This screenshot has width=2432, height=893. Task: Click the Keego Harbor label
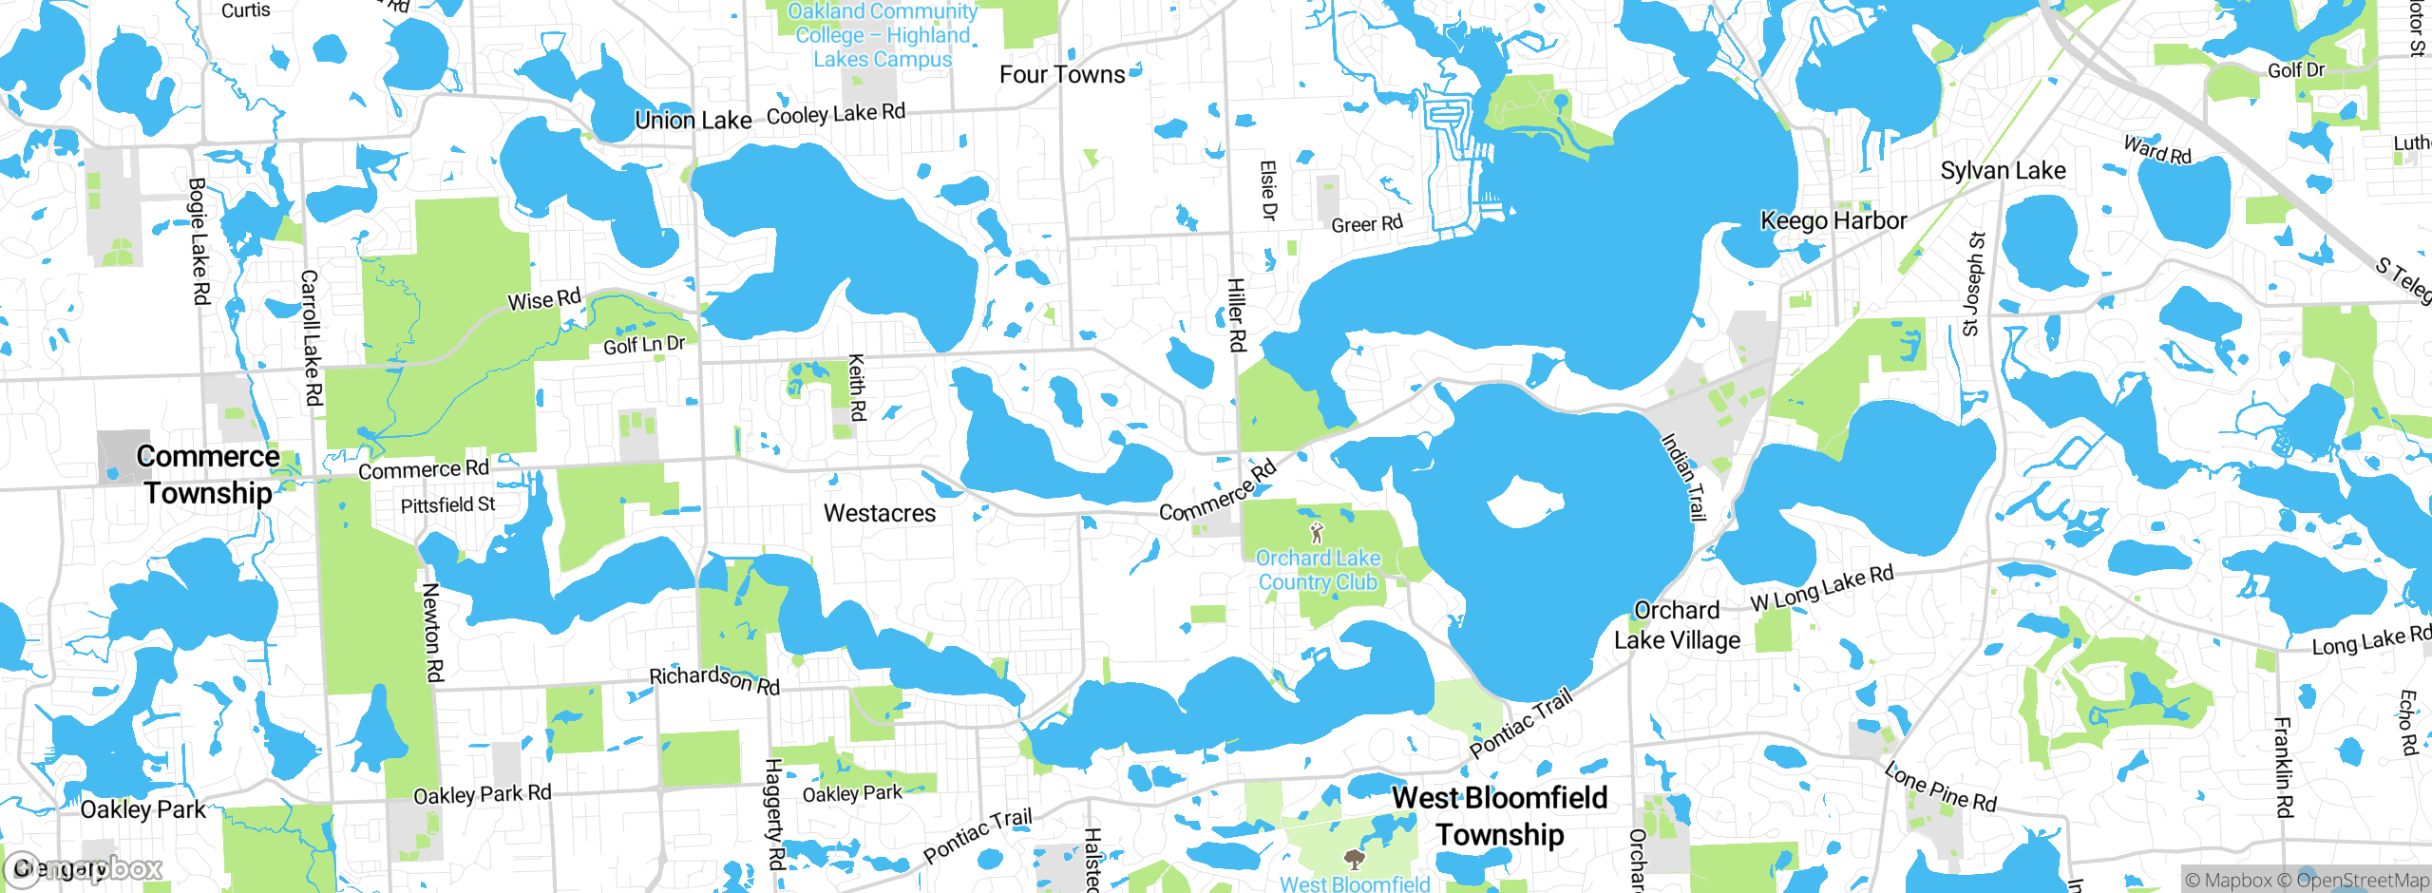coord(1833,221)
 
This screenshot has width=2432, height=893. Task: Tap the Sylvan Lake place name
coord(2003,171)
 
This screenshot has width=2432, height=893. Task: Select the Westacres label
coord(879,514)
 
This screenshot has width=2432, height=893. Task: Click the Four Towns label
coord(1061,75)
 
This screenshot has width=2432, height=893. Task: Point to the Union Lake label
coord(693,121)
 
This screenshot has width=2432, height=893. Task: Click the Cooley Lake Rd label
coord(835,114)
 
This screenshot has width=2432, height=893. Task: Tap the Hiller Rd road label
coord(1236,314)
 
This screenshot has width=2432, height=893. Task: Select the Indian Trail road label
coord(1683,477)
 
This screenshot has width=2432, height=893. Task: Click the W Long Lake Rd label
coord(1821,588)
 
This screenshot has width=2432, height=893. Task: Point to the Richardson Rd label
coord(714,679)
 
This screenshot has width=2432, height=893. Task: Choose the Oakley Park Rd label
coord(482,794)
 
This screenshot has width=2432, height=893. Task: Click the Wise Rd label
coord(543,300)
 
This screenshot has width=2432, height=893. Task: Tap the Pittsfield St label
coord(447,505)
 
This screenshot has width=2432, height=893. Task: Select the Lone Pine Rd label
coord(1940,788)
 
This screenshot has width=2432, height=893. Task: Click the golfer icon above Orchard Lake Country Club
coord(1317,532)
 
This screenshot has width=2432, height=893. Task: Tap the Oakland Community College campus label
coord(882,36)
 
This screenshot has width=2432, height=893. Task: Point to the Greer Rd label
coord(1366,224)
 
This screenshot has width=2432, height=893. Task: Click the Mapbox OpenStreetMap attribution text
coord(2306,880)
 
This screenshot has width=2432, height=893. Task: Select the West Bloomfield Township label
coord(1499,816)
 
